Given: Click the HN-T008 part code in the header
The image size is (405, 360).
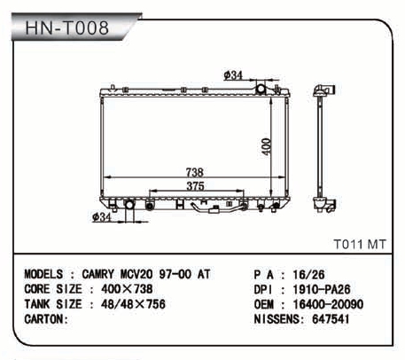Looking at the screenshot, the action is click(x=67, y=27).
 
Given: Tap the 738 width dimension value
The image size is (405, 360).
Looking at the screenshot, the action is click(x=195, y=172).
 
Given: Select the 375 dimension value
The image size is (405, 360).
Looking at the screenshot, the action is click(x=195, y=186).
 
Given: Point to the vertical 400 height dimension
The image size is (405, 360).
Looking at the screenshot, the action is click(x=267, y=146).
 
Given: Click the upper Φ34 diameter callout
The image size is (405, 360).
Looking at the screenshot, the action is click(x=233, y=75).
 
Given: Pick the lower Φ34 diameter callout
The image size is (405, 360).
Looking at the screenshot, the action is click(x=102, y=217).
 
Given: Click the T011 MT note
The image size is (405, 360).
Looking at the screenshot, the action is click(x=360, y=245).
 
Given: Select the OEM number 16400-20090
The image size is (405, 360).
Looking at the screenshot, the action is click(x=328, y=304).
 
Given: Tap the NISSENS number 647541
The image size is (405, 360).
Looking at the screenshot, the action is click(x=331, y=319).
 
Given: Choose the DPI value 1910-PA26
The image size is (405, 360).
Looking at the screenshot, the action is click(x=322, y=289).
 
